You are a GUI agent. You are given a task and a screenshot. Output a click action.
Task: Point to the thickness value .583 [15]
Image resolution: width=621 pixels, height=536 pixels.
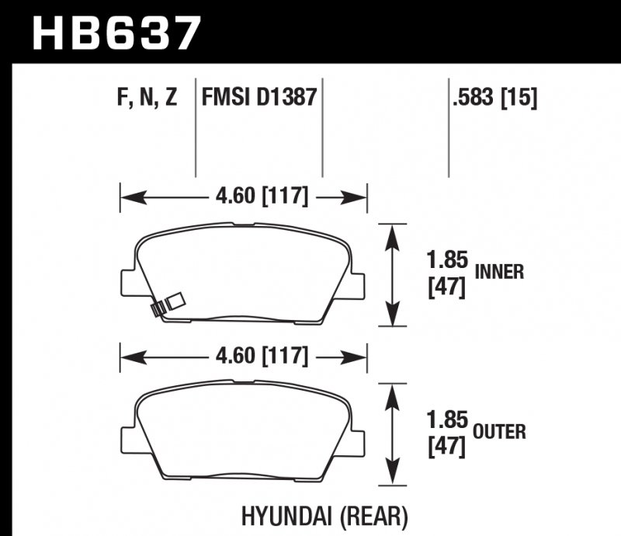494,99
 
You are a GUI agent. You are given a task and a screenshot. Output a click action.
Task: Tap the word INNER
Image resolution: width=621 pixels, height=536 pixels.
500,272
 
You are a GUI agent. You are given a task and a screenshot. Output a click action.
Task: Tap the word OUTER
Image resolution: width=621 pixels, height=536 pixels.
500,430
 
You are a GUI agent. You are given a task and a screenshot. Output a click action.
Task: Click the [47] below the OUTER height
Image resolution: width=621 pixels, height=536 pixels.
446,447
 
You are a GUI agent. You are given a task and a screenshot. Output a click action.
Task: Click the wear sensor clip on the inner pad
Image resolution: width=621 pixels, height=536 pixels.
166,304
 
